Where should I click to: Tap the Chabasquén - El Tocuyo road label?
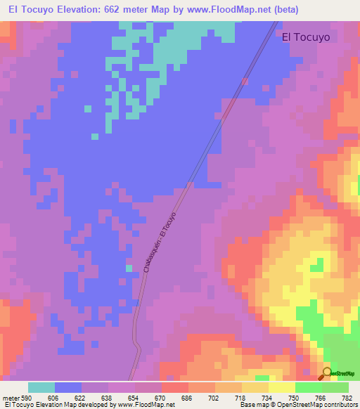coord(159,242)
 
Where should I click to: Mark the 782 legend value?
coord(347,398)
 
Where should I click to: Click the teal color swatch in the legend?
coord(41,387)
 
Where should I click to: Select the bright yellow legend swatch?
coord(281,387)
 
